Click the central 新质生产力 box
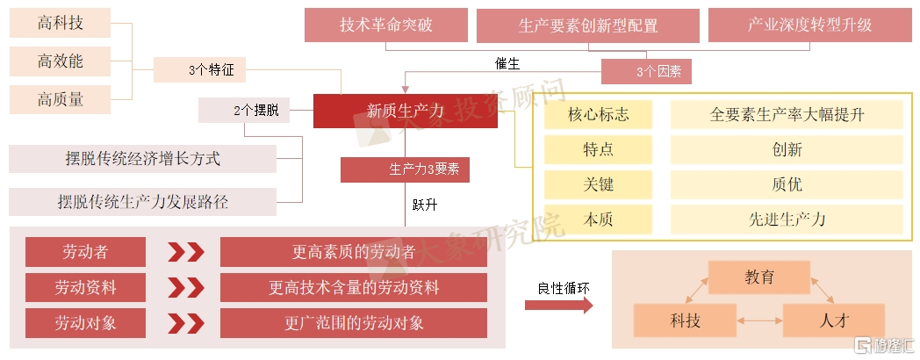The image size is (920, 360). click(405, 111)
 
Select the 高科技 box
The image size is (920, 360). click(61, 23)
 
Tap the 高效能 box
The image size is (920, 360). click(61, 61)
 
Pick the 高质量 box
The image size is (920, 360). click(61, 99)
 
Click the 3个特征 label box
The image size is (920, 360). click(199, 70)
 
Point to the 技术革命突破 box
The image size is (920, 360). click(385, 25)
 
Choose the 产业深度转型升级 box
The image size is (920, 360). click(809, 25)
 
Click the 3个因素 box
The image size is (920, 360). click(647, 72)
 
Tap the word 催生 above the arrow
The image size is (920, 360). click(507, 63)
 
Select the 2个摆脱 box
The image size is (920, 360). click(244, 111)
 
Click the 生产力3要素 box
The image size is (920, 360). click(406, 169)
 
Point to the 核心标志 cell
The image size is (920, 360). click(598, 114)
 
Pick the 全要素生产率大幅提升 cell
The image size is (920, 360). click(787, 114)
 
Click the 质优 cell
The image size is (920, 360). click(787, 184)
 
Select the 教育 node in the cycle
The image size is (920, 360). click(759, 277)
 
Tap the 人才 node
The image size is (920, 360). click(834, 320)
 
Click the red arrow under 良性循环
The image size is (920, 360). click(558, 305)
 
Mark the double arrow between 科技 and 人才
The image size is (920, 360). click(759, 320)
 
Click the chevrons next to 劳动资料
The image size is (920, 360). click(186, 288)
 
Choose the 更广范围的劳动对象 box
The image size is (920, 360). click(354, 323)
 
